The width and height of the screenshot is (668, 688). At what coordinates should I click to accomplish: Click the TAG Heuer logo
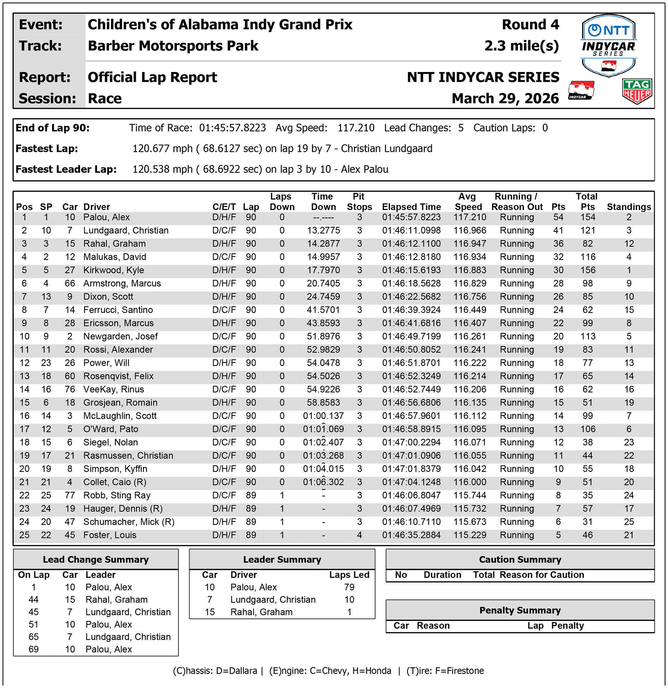637,91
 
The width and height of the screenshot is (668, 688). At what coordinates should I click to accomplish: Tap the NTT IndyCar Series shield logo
609,45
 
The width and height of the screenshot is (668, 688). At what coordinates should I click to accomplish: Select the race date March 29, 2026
505,99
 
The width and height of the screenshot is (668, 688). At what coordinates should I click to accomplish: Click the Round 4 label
530,25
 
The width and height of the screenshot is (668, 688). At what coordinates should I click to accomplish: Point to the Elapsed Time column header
411,207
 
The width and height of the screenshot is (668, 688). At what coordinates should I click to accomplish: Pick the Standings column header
629,207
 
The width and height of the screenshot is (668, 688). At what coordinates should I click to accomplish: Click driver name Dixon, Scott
108,297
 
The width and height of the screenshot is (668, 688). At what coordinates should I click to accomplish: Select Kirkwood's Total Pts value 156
588,270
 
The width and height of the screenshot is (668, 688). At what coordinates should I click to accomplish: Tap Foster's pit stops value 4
359,535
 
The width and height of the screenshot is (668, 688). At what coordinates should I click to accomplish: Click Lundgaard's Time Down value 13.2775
323,230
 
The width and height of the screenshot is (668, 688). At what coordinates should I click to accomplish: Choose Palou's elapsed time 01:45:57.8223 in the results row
411,217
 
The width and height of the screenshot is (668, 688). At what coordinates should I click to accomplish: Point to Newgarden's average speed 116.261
469,336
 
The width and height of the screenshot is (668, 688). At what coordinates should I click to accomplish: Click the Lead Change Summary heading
96,559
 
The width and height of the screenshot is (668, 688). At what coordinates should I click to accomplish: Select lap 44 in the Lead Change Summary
33,599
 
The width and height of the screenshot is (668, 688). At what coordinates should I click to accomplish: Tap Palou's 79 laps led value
349,587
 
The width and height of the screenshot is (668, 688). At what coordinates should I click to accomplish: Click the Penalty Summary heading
520,610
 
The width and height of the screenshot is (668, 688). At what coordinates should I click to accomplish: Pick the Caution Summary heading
520,559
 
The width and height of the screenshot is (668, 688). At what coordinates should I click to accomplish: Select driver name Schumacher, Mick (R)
129,522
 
